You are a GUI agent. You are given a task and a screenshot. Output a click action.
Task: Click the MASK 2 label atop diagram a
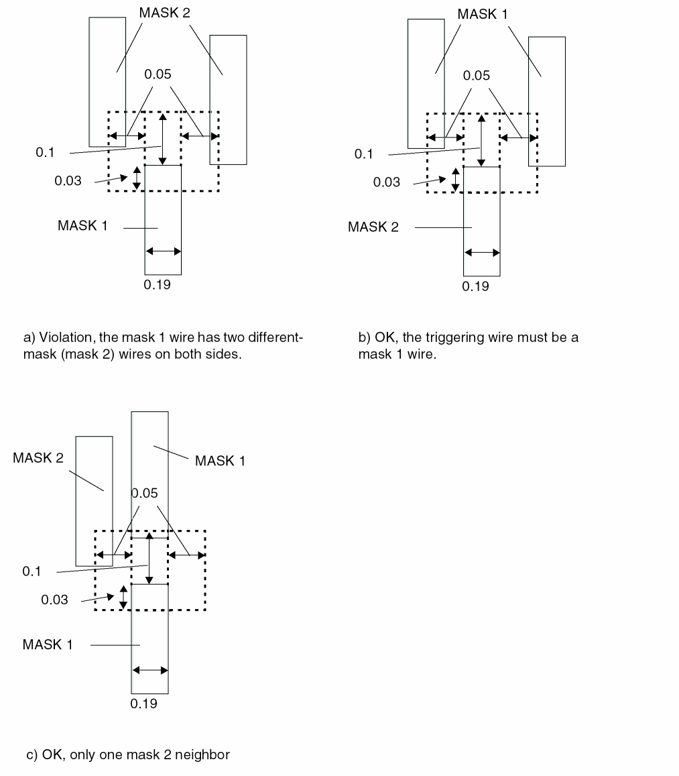165,13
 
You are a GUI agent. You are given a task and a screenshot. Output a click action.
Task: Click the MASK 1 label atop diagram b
483,13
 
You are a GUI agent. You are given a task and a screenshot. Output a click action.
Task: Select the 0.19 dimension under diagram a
158,284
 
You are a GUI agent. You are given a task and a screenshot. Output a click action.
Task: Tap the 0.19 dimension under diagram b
476,286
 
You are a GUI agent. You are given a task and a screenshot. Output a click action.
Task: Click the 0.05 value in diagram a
158,74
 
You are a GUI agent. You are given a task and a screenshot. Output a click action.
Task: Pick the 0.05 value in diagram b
477,76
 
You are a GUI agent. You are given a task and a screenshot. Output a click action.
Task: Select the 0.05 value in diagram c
145,494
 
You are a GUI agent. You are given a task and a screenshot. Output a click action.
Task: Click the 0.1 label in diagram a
45,152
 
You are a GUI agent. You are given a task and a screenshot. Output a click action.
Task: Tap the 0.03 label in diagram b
387,182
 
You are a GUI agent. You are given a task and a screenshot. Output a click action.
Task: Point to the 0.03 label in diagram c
55,600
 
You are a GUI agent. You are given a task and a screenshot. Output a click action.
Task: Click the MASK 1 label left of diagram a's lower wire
82,225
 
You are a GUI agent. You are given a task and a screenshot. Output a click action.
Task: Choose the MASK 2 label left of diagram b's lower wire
373,227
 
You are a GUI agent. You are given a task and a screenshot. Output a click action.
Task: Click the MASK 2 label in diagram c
38,458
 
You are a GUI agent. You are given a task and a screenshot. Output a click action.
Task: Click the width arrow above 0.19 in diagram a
163,252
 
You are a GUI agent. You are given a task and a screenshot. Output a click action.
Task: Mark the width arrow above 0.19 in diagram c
149,670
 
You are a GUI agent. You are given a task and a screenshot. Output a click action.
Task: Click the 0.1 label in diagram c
32,571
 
